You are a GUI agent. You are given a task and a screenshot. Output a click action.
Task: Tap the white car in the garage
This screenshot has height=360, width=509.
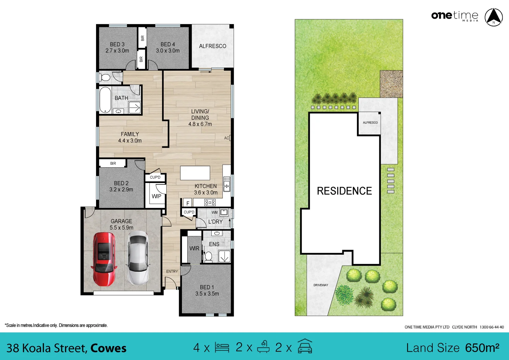138,258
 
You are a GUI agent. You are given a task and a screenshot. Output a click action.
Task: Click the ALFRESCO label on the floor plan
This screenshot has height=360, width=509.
212,46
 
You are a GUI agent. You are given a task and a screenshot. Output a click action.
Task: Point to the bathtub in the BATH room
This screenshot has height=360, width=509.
105,100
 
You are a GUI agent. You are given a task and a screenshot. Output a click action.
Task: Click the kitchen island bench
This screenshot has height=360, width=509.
195,173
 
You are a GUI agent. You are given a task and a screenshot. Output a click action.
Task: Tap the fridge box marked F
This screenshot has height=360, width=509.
188,203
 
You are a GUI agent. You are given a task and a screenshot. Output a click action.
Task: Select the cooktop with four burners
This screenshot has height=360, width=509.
210,202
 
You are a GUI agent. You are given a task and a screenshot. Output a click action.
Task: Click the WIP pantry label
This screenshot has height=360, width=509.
156,196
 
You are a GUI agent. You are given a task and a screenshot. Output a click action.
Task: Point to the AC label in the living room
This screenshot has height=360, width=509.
227,138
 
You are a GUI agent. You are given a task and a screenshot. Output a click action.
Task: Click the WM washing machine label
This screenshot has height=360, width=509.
214,212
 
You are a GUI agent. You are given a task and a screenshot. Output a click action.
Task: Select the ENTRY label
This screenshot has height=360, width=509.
172,272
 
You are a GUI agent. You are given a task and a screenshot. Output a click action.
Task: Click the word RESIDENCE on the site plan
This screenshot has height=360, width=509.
344,191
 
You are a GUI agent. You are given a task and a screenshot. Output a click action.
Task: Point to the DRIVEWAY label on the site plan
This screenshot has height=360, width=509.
321,285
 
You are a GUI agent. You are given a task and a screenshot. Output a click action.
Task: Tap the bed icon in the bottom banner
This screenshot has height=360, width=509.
222,348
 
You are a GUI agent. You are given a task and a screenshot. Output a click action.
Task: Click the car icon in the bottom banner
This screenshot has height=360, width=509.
305,347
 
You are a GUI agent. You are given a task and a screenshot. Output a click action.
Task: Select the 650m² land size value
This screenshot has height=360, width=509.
482,348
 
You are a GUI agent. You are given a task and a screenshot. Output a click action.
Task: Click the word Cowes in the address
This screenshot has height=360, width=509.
108,348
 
